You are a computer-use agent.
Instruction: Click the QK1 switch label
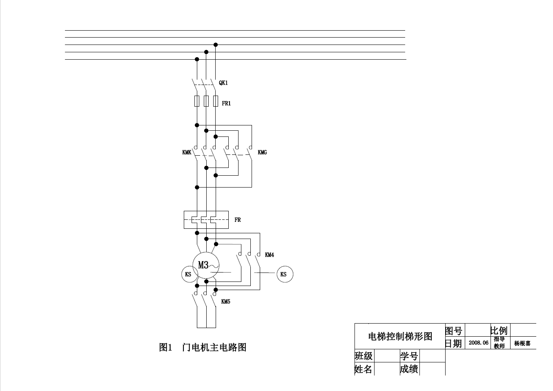click(223, 83)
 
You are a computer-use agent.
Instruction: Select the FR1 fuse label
click(226, 103)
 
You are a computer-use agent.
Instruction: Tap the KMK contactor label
click(187, 152)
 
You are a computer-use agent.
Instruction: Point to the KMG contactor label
click(262, 152)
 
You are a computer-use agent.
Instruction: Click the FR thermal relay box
click(206, 220)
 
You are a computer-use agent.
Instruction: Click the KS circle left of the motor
click(188, 274)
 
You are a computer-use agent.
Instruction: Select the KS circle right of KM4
click(283, 274)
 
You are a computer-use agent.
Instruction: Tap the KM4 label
click(270, 255)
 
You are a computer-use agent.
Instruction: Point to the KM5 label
click(226, 302)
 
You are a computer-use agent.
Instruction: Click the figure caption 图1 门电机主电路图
click(203, 347)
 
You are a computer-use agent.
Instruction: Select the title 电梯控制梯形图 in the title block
click(400, 336)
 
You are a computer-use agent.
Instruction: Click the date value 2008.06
click(478, 343)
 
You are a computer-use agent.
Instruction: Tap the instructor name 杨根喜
click(522, 344)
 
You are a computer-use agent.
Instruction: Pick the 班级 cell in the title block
click(363, 356)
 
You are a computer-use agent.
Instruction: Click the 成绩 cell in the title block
click(409, 369)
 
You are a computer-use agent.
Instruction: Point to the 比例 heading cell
click(499, 330)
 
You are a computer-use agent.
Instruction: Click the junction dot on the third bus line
click(216, 45)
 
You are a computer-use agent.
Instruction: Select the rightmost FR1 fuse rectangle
click(216, 101)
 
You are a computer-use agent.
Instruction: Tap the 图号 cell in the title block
click(453, 330)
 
